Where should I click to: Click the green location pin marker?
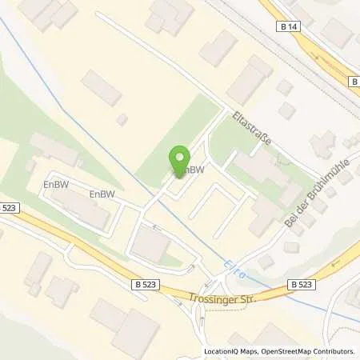(x=180, y=160)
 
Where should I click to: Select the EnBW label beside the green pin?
(x=192, y=170)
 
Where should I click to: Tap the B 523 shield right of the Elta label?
(x=301, y=284)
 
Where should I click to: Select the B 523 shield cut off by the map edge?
(x=6, y=208)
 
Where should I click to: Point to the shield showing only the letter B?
(x=354, y=82)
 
